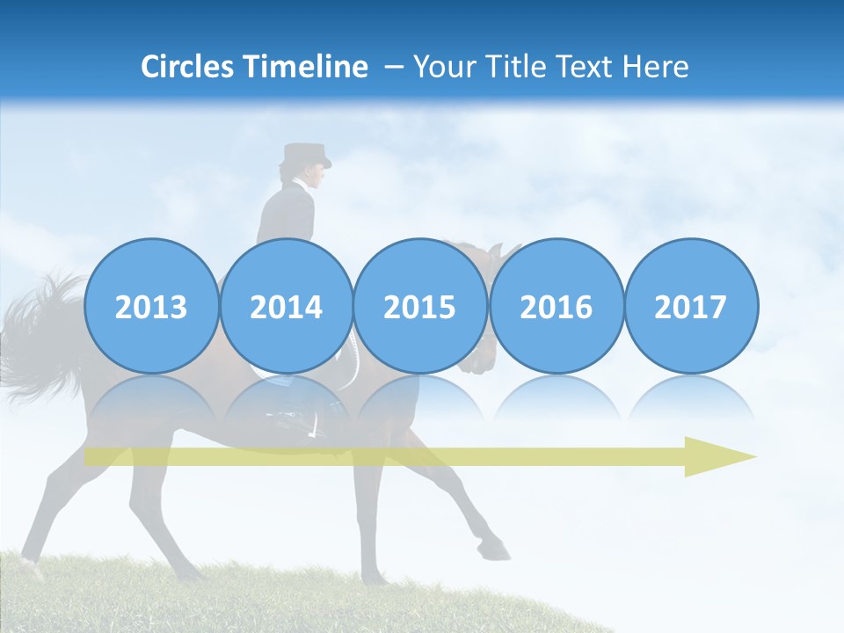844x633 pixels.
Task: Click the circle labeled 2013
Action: tap(151, 307)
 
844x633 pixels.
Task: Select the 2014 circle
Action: tap(286, 307)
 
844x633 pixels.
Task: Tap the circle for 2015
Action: tap(420, 307)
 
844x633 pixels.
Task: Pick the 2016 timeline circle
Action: tap(556, 307)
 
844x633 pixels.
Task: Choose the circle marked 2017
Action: tap(690, 307)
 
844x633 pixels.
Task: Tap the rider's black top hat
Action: tap(305, 156)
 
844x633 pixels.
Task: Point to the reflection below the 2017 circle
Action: tap(690, 400)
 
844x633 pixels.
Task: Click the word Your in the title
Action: tap(447, 67)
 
